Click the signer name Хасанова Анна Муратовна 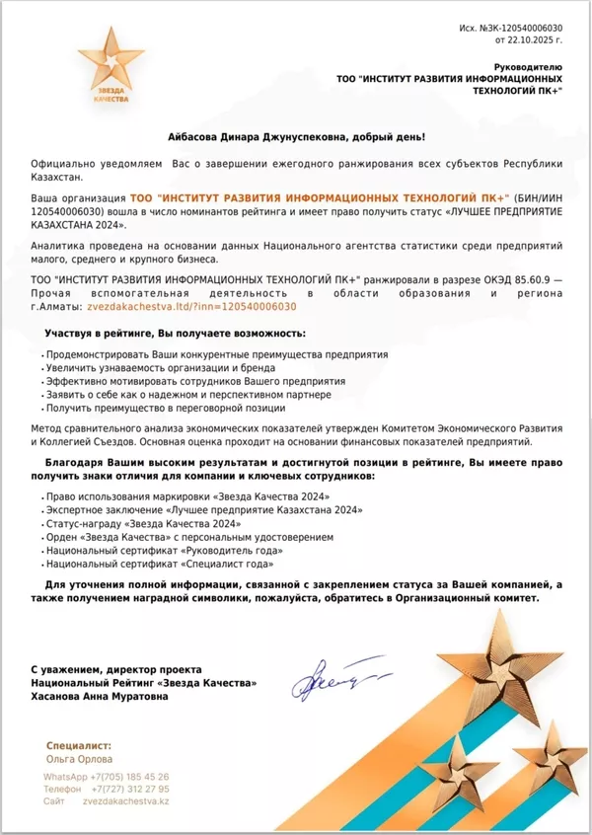pyautogui.click(x=99, y=696)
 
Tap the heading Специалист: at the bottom pyautogui.click(x=79, y=746)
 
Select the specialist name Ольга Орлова pyautogui.click(x=79, y=760)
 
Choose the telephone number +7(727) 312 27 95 pyautogui.click(x=129, y=789)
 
